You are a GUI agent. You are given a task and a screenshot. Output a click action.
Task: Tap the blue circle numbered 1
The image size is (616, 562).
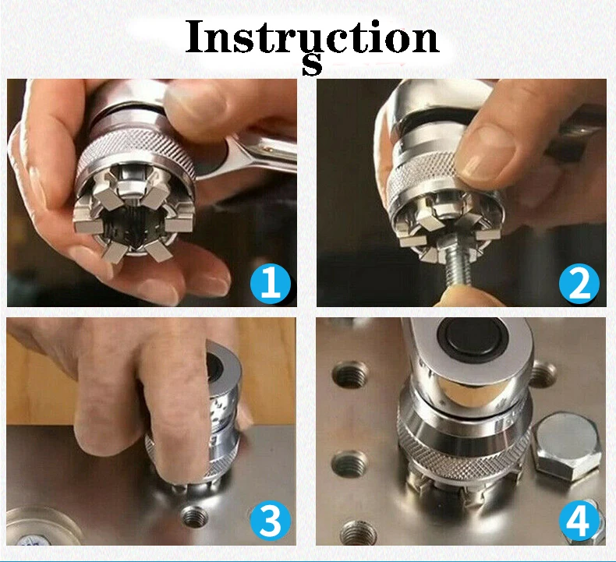point(270,284)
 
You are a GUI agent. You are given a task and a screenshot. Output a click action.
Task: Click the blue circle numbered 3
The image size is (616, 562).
point(270,521)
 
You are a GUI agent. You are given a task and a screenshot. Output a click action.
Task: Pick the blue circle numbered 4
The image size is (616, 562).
point(579,521)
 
